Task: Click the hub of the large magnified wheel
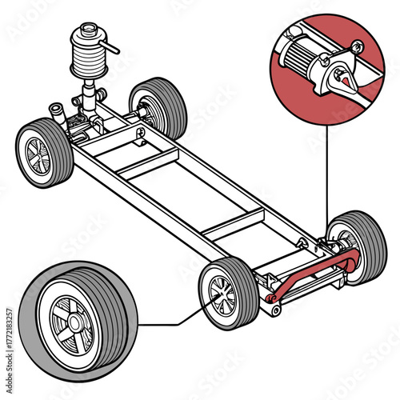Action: coord(74,322)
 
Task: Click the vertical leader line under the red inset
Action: coord(326,176)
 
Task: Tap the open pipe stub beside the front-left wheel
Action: coord(56,108)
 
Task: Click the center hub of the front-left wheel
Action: coord(36,154)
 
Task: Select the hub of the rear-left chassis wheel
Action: coord(220,295)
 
